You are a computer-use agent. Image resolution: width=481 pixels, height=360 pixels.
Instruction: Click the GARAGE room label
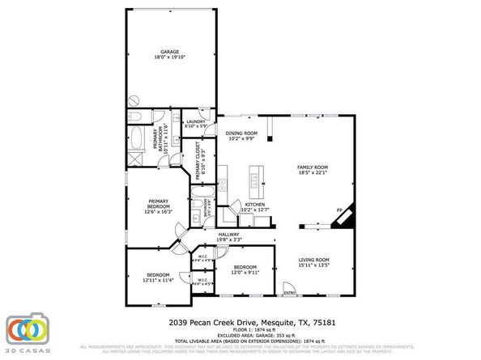coord(169,52)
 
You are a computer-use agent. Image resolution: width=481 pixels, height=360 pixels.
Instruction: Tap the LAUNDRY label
coord(197,121)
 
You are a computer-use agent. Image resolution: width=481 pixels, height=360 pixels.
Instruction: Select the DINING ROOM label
coord(241,133)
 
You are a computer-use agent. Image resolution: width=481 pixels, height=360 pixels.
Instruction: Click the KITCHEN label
coord(244,205)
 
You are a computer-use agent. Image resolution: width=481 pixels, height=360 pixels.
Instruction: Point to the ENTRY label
coord(289,292)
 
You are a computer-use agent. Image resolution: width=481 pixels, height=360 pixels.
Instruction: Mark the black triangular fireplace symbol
coord(346,218)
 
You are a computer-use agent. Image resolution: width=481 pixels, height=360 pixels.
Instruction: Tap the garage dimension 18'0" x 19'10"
coord(169,57)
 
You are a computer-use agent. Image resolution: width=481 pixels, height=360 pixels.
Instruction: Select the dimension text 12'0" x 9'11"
coord(245,272)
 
